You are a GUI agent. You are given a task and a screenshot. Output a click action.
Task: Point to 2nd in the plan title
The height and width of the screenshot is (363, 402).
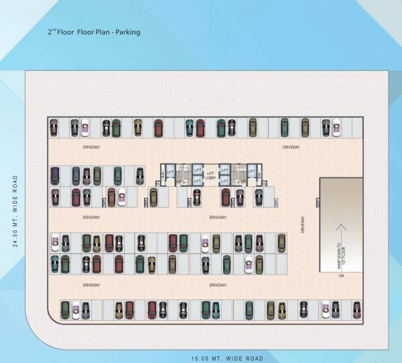pyautogui.click(x=52, y=31)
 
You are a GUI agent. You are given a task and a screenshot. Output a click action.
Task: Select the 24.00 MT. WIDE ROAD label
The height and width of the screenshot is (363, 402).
pyautogui.click(x=15, y=211)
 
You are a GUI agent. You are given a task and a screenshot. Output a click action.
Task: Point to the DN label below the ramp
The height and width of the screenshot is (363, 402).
pyautogui.click(x=340, y=275)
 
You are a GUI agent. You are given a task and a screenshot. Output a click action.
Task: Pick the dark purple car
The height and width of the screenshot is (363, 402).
pyautogui.click(x=55, y=176)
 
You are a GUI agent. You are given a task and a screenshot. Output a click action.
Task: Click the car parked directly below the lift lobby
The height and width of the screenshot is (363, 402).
pyautogui.click(x=197, y=198)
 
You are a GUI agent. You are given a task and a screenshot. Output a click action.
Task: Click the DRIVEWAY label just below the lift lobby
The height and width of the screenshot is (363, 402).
pyautogui.click(x=218, y=218)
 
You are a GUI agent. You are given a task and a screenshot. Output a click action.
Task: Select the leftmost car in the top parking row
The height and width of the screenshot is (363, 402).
pyautogui.click(x=54, y=127)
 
